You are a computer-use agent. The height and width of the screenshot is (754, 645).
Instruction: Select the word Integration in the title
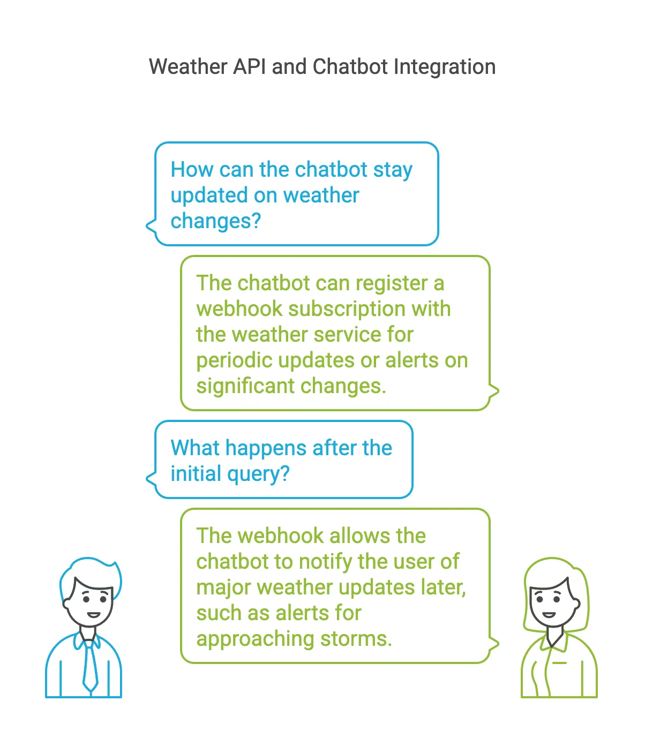[444, 67]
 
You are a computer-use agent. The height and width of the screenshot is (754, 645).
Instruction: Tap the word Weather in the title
[188, 67]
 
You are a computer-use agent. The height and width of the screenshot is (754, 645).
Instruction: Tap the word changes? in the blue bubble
[215, 221]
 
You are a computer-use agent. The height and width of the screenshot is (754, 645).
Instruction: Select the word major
[223, 588]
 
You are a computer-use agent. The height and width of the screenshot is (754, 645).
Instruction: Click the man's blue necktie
[90, 667]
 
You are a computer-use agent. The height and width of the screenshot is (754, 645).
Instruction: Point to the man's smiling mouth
[93, 615]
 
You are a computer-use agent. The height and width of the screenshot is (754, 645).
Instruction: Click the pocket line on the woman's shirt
[559, 663]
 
